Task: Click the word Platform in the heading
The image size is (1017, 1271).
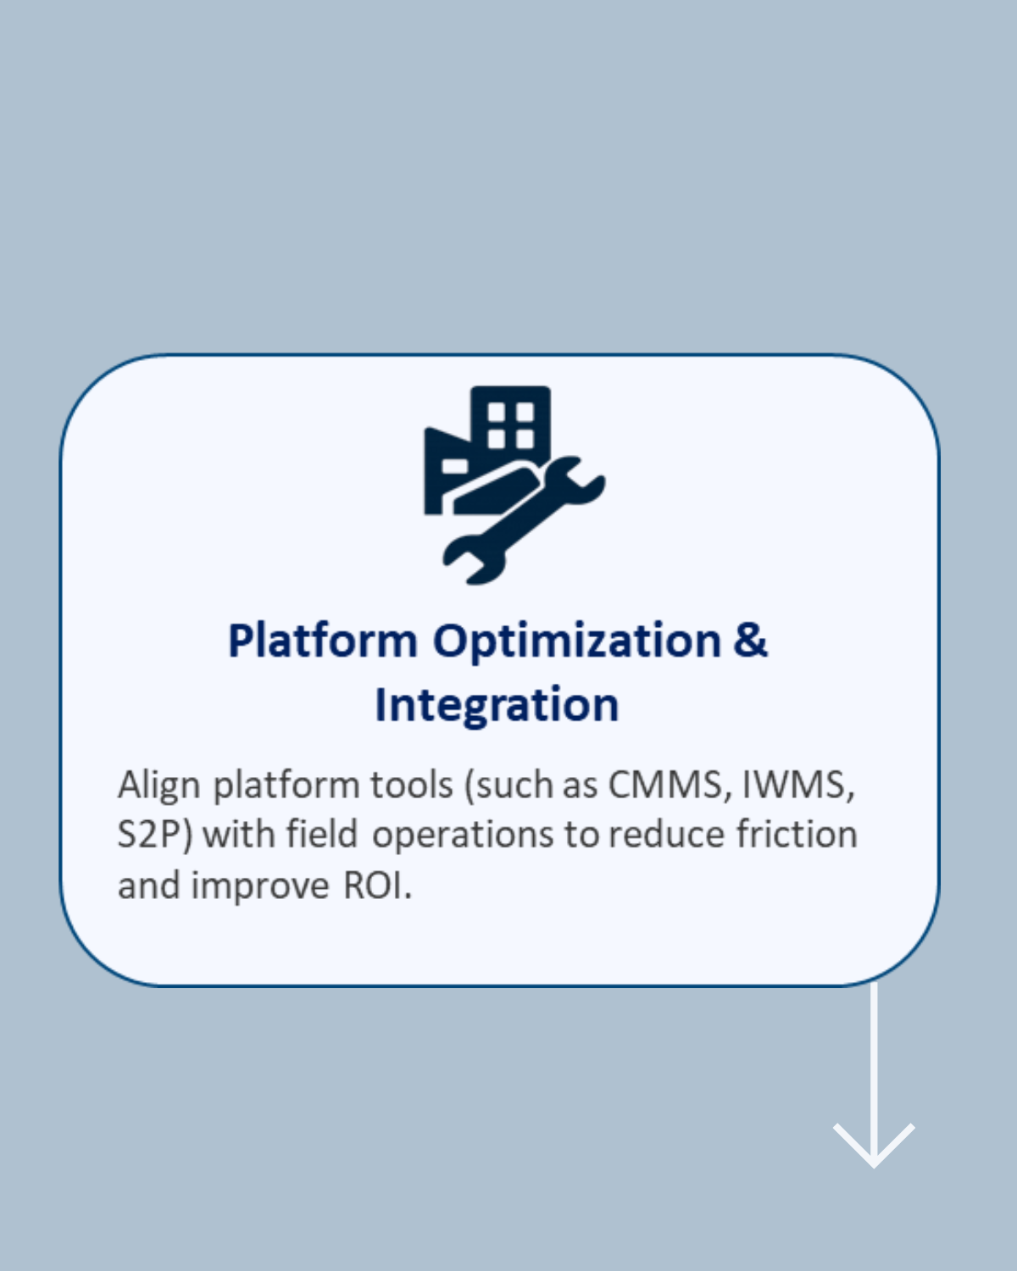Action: [x=323, y=641]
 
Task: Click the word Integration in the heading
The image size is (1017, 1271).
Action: [x=497, y=705]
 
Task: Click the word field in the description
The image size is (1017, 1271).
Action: [x=322, y=835]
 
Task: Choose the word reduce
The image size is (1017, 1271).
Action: [x=667, y=835]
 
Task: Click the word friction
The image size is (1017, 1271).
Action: [x=797, y=835]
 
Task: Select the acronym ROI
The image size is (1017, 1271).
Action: [x=377, y=886]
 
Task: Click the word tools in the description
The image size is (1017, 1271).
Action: [x=412, y=786]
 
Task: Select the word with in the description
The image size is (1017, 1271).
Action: [x=239, y=835]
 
